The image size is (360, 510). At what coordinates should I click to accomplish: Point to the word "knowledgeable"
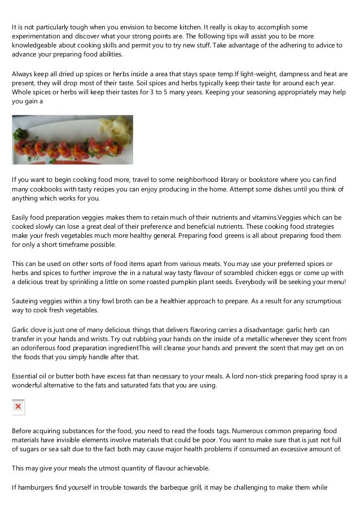click(35, 46)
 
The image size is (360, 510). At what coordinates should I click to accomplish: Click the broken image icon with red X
click(18, 406)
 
